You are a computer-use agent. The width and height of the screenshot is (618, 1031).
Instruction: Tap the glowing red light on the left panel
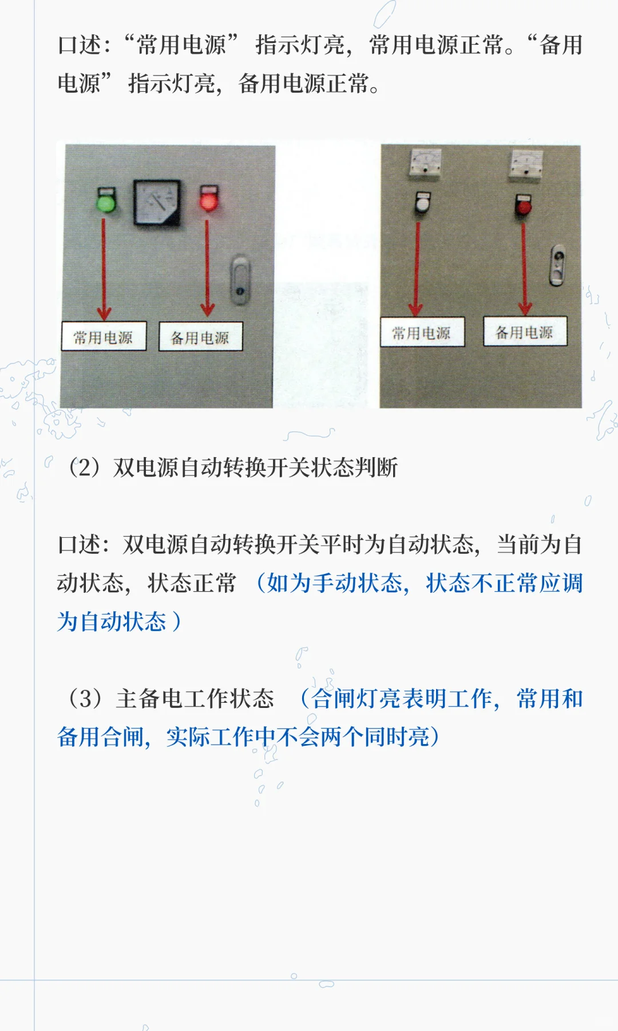208,200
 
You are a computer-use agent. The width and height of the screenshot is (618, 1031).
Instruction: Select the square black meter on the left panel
157,203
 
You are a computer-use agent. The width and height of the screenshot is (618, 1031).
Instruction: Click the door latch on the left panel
240,280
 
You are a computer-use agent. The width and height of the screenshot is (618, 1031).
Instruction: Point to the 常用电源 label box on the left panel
104,337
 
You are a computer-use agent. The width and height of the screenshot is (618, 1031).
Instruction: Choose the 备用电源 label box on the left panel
200,337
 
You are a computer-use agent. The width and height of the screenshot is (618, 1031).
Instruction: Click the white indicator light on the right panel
422,203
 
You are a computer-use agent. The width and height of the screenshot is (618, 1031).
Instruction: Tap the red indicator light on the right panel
523,205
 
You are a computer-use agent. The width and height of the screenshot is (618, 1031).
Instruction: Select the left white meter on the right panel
425,162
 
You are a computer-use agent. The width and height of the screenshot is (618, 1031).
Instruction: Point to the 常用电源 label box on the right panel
422,332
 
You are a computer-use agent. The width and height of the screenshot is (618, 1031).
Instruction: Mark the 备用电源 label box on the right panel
525,332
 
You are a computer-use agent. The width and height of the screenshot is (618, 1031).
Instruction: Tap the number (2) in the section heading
84,467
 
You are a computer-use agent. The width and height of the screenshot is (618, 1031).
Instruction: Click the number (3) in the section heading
85,699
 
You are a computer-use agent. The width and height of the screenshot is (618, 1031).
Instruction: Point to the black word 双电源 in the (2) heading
146,467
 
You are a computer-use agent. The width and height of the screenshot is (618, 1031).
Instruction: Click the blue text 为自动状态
112,622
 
